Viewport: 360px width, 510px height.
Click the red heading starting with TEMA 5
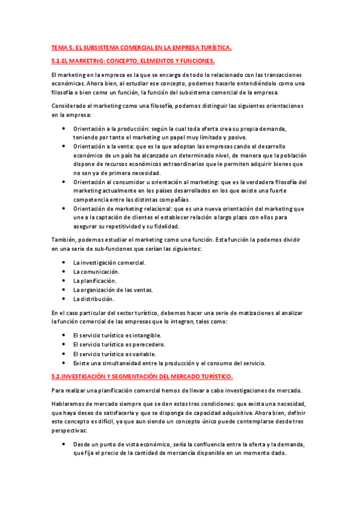click(141, 48)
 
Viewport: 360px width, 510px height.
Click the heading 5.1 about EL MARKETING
click(133, 61)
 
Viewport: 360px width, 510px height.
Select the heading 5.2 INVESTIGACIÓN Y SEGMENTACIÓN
click(142, 376)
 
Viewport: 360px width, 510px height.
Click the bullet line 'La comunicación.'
click(96, 272)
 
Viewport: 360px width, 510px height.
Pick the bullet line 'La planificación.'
click(95, 281)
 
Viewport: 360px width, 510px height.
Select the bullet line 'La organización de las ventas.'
click(113, 290)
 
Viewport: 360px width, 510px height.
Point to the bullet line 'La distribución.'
click(94, 299)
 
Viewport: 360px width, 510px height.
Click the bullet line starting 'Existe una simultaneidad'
click(169, 363)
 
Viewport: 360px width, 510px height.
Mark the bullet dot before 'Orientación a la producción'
click(64, 129)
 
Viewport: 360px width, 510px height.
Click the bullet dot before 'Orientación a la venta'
click(64, 146)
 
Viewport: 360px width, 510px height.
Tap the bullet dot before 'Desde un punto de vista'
click(64, 444)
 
